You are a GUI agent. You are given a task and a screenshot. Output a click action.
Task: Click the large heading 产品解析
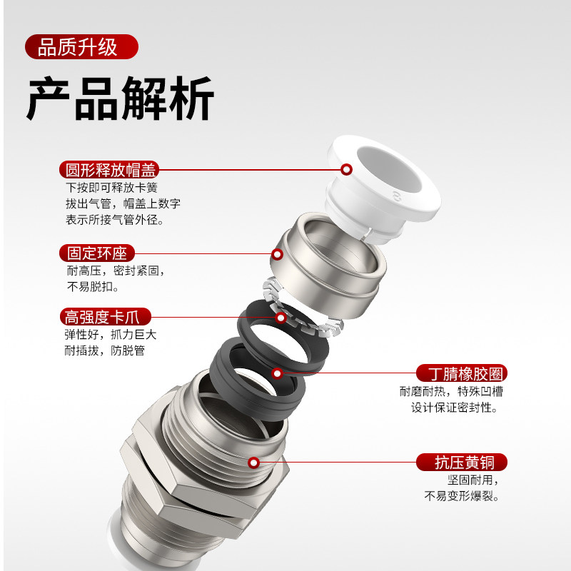(x=120, y=98)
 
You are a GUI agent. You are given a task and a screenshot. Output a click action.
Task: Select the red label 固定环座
(x=96, y=253)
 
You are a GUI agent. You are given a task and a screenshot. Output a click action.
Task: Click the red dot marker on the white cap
(x=347, y=169)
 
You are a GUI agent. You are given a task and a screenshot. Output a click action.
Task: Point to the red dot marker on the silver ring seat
(x=278, y=253)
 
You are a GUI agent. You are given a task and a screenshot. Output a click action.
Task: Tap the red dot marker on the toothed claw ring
(x=281, y=317)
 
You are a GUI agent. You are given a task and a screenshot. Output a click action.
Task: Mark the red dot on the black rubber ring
(x=277, y=373)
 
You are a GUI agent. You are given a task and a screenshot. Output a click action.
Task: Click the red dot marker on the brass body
(x=253, y=462)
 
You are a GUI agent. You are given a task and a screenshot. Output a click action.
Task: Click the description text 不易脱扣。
(x=93, y=287)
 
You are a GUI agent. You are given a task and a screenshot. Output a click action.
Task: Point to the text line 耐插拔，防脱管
(x=105, y=351)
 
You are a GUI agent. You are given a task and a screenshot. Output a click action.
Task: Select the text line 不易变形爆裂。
(x=462, y=496)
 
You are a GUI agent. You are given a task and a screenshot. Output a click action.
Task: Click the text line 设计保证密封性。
(x=454, y=408)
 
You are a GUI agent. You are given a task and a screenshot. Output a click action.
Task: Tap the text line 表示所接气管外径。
(x=115, y=220)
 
